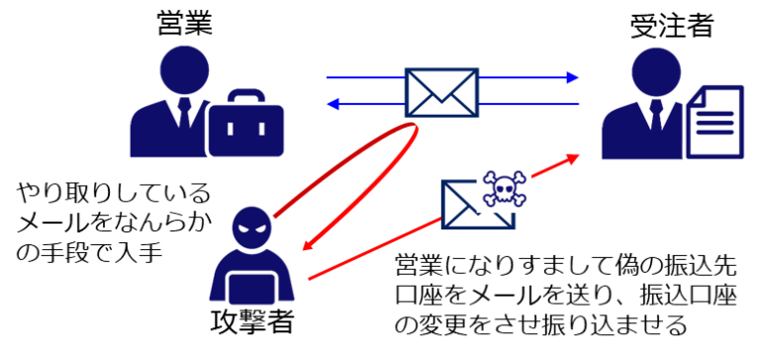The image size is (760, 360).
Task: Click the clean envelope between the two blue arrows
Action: click(441, 93)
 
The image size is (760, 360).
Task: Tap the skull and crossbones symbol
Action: click(505, 188)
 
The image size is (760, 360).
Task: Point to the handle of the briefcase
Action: click(246, 96)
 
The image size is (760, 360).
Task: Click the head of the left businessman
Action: click(185, 69)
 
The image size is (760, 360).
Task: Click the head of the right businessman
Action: click(656, 71)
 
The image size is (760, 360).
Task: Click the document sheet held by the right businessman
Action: click(716, 124)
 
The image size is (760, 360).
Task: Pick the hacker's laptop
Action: click(251, 289)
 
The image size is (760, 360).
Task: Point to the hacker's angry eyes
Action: click(251, 226)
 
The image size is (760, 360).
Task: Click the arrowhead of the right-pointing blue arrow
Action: click(573, 77)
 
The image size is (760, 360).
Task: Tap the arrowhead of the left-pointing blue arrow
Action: click(333, 104)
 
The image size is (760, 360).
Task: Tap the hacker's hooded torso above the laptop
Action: click(251, 259)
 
